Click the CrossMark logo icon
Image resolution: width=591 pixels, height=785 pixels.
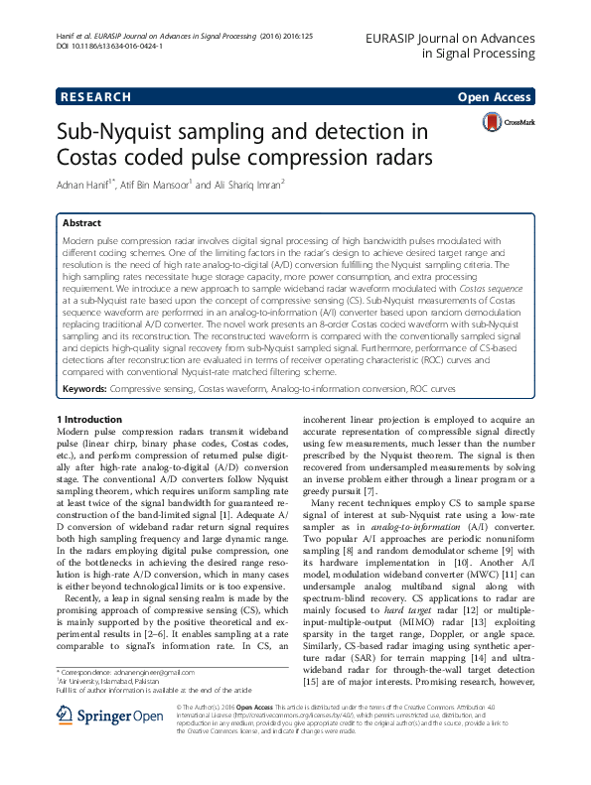pos(493,122)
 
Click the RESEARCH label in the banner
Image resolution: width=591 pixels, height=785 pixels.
pos(95,97)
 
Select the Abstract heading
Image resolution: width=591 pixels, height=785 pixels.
pos(81,224)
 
